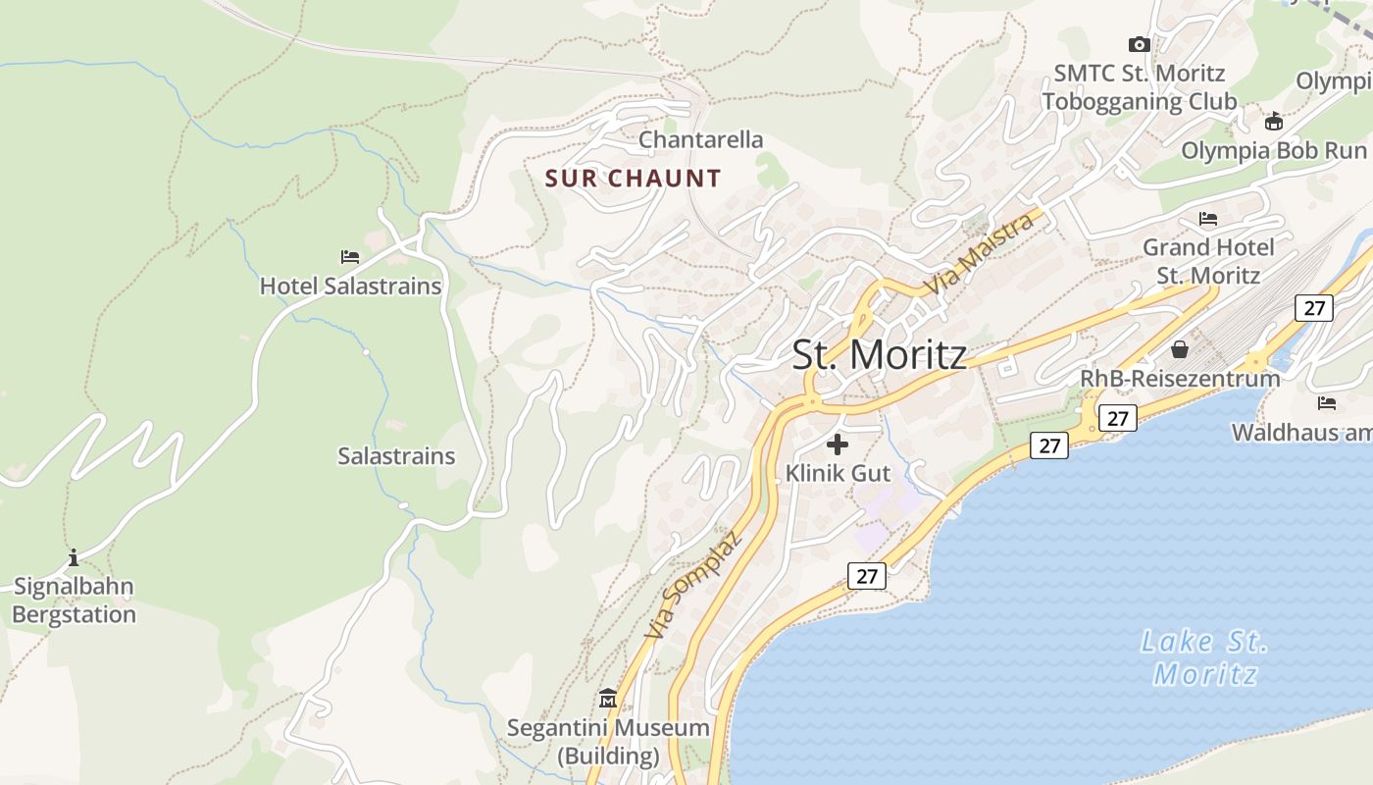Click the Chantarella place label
700,140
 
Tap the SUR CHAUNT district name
633,179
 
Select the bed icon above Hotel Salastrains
350,257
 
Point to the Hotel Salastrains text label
350,287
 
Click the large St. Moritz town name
879,354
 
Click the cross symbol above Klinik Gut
838,445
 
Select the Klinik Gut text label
838,473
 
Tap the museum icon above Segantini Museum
608,700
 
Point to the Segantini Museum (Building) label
608,742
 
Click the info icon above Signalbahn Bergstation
74,558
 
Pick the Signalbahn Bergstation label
74,601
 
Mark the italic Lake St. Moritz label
1205,657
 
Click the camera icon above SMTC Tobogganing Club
1139,44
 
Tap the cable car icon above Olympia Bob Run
1274,122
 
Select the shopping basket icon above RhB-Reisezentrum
1180,349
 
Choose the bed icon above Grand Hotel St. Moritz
1208,219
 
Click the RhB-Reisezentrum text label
1180,378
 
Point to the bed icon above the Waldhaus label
1327,402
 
